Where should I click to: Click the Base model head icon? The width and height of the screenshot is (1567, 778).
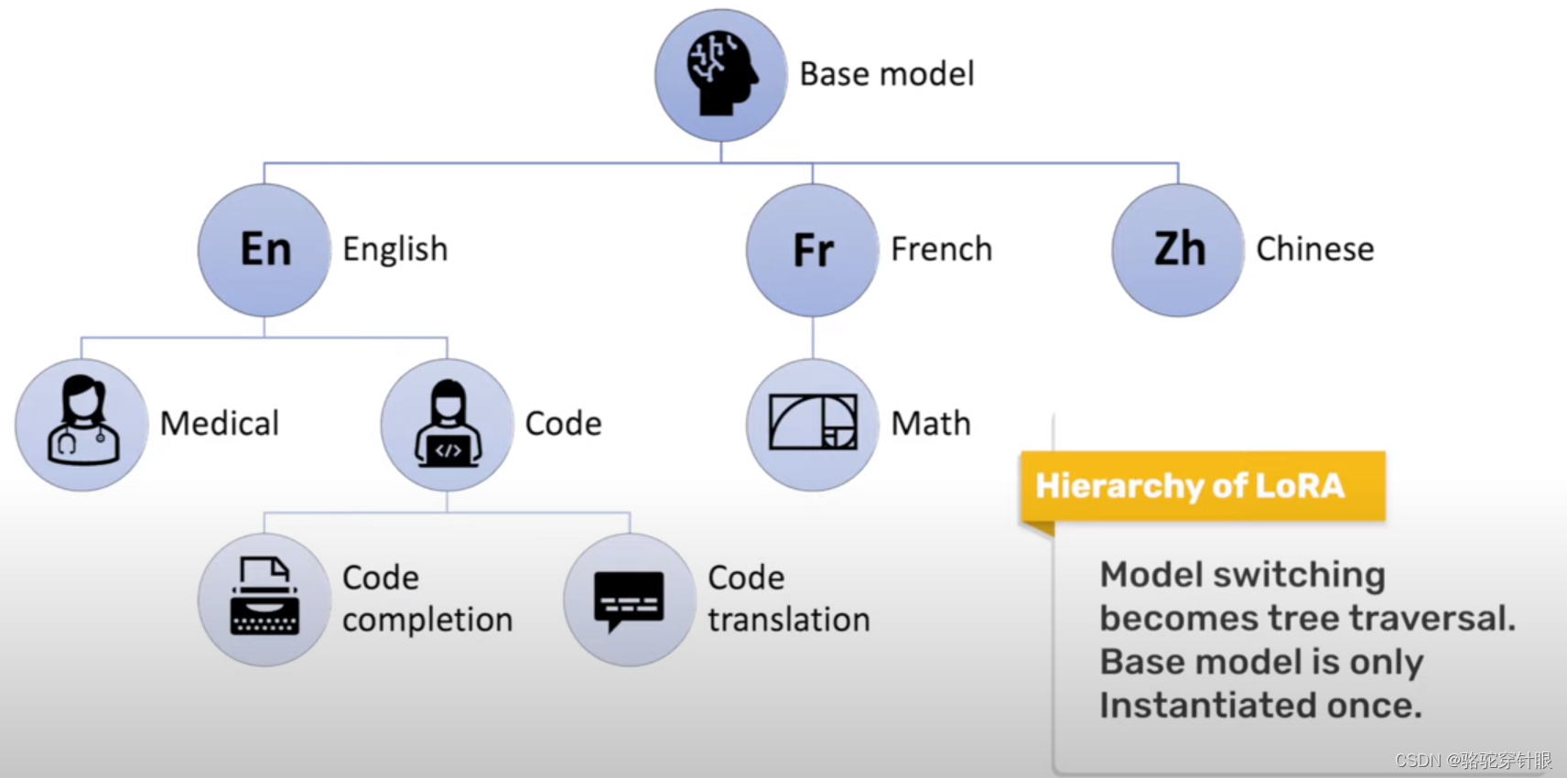coord(721,75)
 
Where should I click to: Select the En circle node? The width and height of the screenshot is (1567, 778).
coord(265,250)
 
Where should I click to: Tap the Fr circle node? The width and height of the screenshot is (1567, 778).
coord(813,250)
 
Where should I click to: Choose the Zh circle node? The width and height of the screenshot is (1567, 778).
coord(1178,250)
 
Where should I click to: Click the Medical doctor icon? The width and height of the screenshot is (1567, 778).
coord(81,424)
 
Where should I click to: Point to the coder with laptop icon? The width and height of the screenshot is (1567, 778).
coord(447,424)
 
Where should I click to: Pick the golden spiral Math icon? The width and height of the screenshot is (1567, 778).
coord(813,424)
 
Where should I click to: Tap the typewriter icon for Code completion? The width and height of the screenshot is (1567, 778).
coord(265,599)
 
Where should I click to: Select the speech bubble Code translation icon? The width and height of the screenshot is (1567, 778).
coord(630,599)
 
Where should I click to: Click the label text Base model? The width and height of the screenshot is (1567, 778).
coord(887,74)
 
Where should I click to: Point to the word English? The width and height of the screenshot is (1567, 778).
coord(395,249)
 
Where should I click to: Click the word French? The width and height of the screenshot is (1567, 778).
coord(941,249)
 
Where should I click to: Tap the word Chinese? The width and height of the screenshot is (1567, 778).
coord(1314,249)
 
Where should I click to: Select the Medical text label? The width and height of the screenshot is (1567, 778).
coord(220,424)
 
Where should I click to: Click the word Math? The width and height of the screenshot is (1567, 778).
coord(931,424)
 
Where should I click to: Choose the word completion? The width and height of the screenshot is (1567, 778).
coord(427,621)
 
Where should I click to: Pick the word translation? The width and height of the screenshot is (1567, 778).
coord(789,621)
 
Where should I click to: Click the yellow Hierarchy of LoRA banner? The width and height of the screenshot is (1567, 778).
coord(1202,486)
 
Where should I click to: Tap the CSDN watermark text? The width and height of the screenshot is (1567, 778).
coord(1473,761)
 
